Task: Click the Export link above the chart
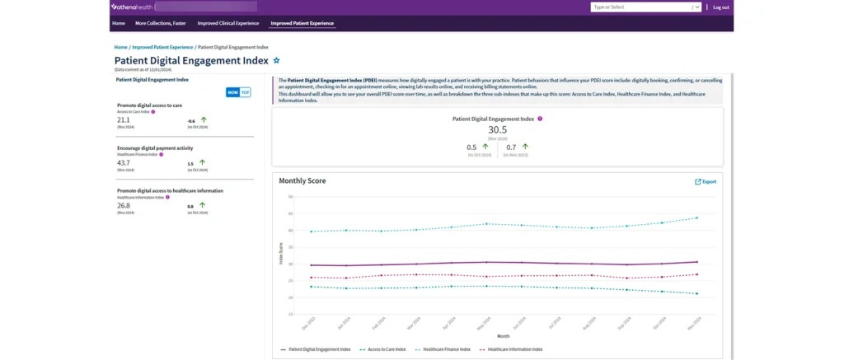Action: pos(706,181)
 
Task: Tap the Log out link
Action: pos(720,7)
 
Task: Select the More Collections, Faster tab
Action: pos(161,23)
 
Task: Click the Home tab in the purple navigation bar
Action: pos(119,23)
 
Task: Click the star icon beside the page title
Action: pos(276,60)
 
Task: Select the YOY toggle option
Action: pos(245,92)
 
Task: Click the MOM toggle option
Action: pos(232,92)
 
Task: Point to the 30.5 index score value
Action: pos(497,129)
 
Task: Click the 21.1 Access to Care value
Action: pos(124,119)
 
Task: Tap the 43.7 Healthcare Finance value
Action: pos(124,162)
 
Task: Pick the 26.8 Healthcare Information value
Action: pos(124,205)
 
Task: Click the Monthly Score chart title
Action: pos(303,180)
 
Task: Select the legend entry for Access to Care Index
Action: pos(385,349)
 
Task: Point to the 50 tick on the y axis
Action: pos(290,197)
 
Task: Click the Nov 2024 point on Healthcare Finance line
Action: pos(697,217)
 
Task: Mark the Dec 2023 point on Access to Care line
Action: pos(311,287)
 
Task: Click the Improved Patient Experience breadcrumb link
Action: pos(162,47)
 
